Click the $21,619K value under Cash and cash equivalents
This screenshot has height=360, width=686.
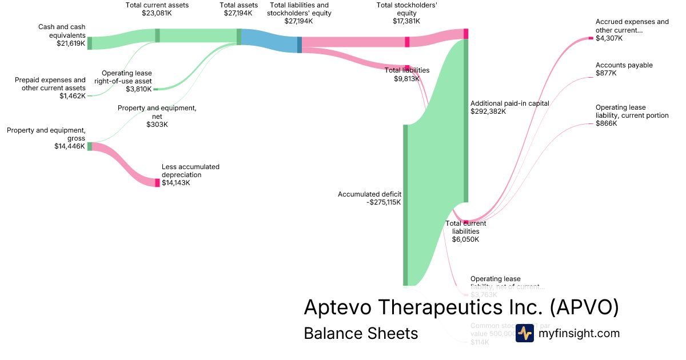point(71,43)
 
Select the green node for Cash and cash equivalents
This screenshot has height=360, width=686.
point(89,43)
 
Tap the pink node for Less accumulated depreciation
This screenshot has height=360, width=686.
point(158,182)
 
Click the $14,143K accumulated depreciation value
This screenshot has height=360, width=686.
point(176,183)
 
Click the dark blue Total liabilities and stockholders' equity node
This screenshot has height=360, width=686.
point(300,45)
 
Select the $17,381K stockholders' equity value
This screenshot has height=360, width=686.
point(406,21)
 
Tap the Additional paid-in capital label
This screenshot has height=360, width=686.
point(509,103)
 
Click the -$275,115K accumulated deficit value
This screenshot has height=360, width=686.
point(384,202)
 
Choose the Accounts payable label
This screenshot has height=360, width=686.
point(624,65)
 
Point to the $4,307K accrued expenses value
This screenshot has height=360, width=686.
point(609,38)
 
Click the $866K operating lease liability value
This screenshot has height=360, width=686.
point(606,123)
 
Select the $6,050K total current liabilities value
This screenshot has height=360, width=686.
point(465,239)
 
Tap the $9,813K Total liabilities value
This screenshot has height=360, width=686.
point(406,79)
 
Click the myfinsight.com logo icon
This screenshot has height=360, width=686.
point(524,333)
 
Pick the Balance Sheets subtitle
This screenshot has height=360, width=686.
point(361,333)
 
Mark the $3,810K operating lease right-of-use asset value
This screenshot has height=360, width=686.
point(139,89)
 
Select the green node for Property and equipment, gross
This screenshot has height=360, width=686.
point(89,146)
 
